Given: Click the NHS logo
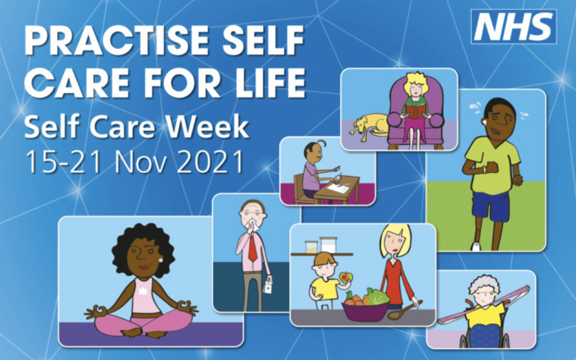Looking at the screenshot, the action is click(514, 27).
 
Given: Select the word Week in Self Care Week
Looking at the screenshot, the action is click(208, 127).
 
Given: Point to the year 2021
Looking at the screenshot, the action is click(210, 162).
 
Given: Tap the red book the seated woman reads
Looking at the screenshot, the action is click(415, 111).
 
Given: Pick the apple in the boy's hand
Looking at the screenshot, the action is click(346, 277).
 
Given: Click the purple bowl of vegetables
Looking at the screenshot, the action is click(365, 311).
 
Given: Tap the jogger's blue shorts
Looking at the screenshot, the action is click(491, 206).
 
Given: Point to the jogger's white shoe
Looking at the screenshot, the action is click(476, 246).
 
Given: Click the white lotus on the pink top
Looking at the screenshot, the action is click(142, 291).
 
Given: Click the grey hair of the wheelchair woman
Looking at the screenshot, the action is click(485, 282).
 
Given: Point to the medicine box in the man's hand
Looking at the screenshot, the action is click(267, 287).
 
